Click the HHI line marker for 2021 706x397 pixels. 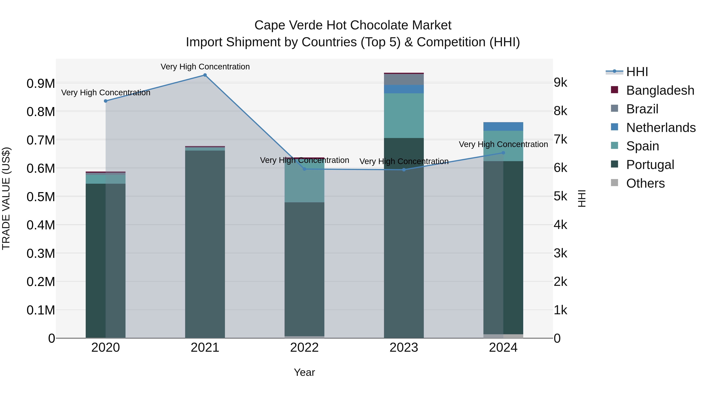pos(205,75)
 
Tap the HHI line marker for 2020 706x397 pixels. pos(106,101)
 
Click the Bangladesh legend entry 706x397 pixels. pos(660,90)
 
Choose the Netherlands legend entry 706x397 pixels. pos(661,128)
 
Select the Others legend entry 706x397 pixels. pos(645,183)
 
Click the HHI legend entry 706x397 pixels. pos(637,72)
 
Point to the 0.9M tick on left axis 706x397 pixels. pos(41,84)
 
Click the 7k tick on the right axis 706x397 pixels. pos(560,139)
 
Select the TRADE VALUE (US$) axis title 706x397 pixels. pos(6,198)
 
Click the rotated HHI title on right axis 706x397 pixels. pos(581,198)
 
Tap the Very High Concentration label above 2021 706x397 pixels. pos(205,67)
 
